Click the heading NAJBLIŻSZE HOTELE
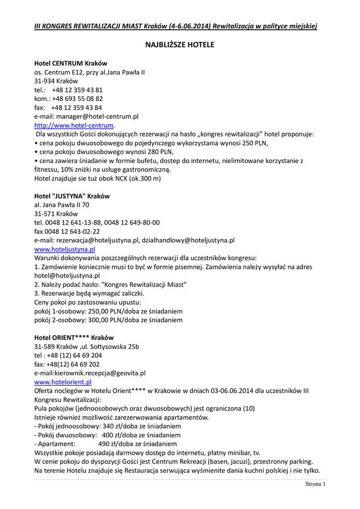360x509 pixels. (180, 45)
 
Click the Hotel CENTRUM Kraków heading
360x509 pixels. (71, 64)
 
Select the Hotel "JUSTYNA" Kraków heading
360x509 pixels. (72, 196)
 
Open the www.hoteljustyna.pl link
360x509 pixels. (65, 249)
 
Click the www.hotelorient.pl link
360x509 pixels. (63, 382)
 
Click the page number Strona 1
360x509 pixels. (315, 484)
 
